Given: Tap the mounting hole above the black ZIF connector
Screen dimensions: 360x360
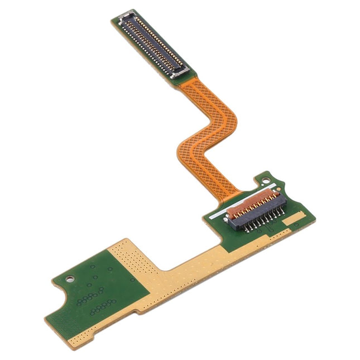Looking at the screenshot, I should [267, 181].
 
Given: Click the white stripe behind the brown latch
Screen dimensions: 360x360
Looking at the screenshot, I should [246, 197].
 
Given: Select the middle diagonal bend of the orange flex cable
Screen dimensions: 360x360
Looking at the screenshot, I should [207, 134].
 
